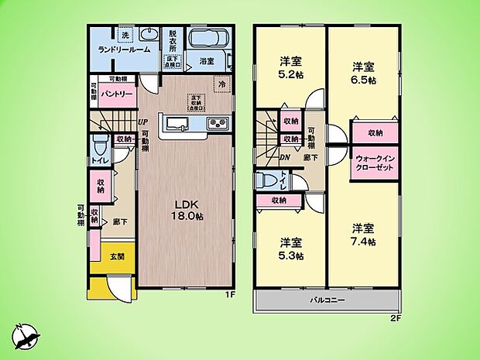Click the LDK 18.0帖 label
pyautogui.click(x=186, y=210)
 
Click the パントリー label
pyautogui.click(x=118, y=94)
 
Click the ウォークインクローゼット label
pyautogui.click(x=376, y=166)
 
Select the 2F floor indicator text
pyautogui.click(x=395, y=317)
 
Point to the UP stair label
pyautogui.click(x=143, y=122)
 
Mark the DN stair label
pyautogui.click(x=284, y=156)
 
